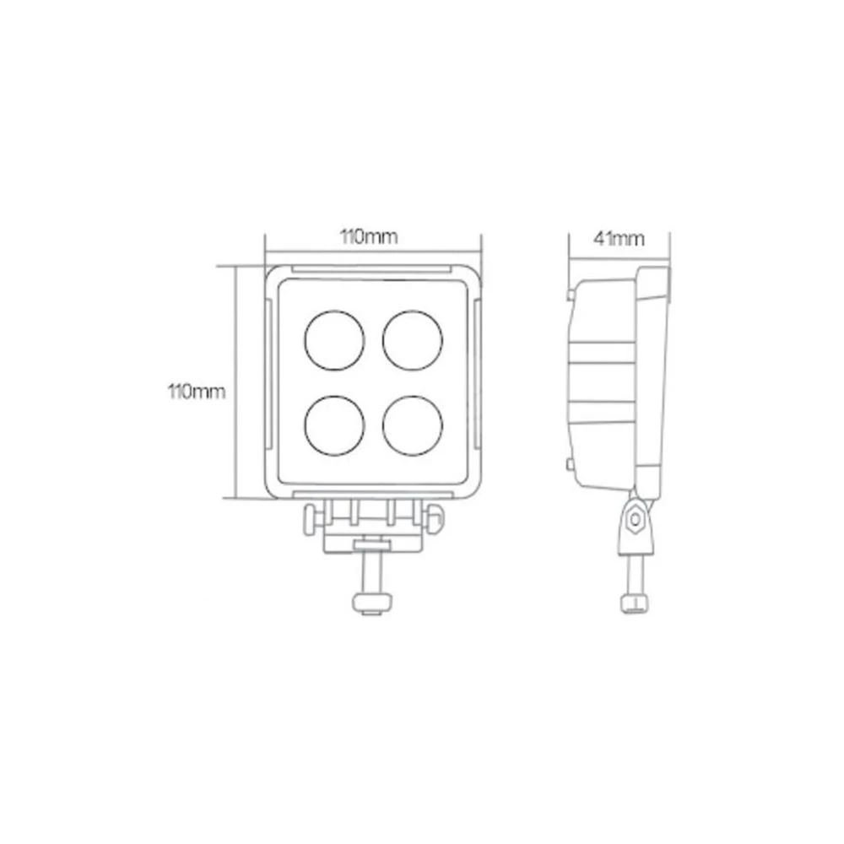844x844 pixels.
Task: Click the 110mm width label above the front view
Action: click(369, 236)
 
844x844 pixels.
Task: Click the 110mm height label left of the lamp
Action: click(197, 392)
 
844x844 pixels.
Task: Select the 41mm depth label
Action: click(618, 239)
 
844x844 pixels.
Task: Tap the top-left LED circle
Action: click(334, 339)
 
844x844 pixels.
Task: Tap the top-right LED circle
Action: click(414, 339)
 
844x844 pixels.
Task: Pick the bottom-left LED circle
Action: click(334, 425)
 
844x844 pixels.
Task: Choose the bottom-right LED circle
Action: click(414, 425)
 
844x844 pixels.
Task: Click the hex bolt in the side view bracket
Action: click(634, 521)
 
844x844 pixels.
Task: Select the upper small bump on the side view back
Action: click(572, 294)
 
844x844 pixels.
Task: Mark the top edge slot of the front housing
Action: click(372, 271)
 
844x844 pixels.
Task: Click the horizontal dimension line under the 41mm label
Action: click(618, 254)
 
